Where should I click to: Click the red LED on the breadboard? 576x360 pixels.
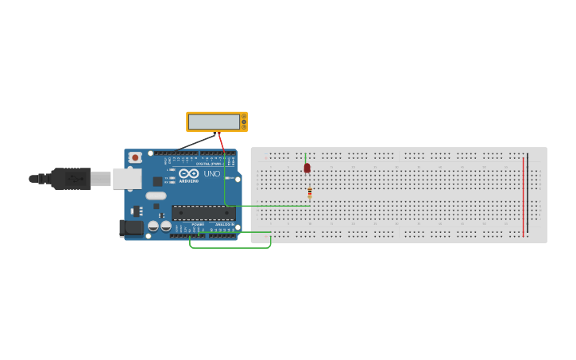[307, 168]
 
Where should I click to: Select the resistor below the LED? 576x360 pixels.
[310, 192]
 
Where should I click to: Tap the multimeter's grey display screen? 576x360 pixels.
[214, 122]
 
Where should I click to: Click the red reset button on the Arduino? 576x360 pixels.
[135, 157]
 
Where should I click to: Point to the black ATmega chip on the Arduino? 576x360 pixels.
[203, 213]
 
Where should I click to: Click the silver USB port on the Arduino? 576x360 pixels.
[126, 179]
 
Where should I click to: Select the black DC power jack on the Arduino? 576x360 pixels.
[131, 228]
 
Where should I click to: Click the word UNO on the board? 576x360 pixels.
[212, 173]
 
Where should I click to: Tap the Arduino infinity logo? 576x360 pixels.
[188, 173]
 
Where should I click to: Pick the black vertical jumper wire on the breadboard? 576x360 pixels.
[528, 195]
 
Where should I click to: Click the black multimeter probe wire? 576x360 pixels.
[195, 142]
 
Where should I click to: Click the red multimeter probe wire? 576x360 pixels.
[222, 143]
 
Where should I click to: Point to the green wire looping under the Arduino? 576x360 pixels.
[230, 247]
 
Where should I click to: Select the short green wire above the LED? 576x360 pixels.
[305, 157]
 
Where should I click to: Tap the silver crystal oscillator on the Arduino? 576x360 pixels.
[157, 195]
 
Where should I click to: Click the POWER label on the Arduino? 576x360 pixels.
[198, 225]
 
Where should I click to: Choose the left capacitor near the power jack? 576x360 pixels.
[153, 226]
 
